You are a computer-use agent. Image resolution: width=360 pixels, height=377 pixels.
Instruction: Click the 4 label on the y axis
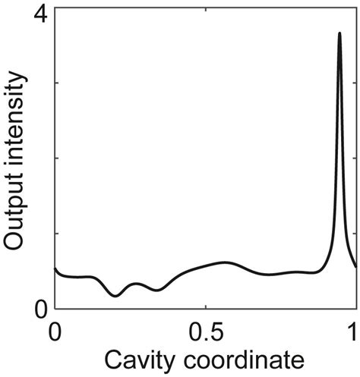[39, 14]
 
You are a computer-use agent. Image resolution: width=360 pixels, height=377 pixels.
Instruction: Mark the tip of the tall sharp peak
[339, 33]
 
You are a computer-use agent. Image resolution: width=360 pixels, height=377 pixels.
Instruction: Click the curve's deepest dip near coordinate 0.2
[115, 296]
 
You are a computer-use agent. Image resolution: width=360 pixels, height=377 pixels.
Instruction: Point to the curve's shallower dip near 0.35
[156, 290]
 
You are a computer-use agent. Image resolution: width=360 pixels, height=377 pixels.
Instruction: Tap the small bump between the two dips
[136, 284]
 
